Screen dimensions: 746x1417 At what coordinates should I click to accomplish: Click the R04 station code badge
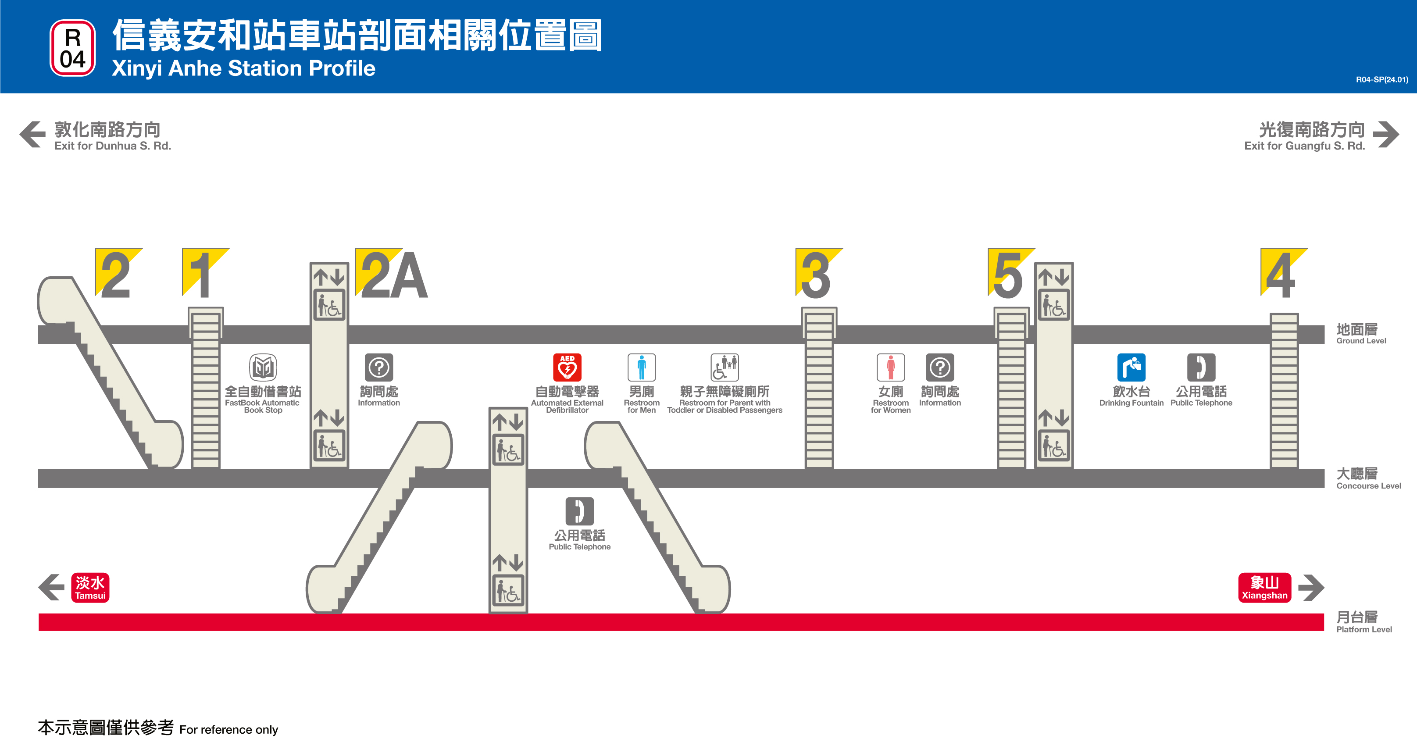coord(73,48)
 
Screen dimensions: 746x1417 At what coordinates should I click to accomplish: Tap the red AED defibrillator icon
coord(567,367)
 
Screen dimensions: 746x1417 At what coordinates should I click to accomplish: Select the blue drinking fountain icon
coord(1131,367)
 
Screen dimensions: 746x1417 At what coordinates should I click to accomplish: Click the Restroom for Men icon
coord(641,367)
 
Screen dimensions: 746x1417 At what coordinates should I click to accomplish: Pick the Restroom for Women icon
coord(891,367)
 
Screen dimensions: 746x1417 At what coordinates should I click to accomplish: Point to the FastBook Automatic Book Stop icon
coord(263,367)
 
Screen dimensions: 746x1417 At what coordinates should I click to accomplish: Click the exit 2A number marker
coord(392,275)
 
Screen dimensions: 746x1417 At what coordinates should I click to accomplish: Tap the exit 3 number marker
coord(817,275)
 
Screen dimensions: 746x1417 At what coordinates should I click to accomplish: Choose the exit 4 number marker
coord(1281,275)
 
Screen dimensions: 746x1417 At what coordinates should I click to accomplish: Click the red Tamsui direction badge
coord(90,588)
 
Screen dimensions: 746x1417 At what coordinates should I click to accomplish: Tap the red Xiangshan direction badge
coord(1264,588)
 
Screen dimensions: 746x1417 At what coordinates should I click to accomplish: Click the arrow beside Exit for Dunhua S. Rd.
coord(32,134)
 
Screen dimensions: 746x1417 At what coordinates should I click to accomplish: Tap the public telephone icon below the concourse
coord(579,511)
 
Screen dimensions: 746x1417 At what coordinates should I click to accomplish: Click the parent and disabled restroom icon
coord(725,367)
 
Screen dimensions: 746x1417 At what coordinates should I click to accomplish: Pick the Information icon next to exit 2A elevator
coord(379,367)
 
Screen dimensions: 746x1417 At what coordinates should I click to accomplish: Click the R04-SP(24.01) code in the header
coord(1381,80)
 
